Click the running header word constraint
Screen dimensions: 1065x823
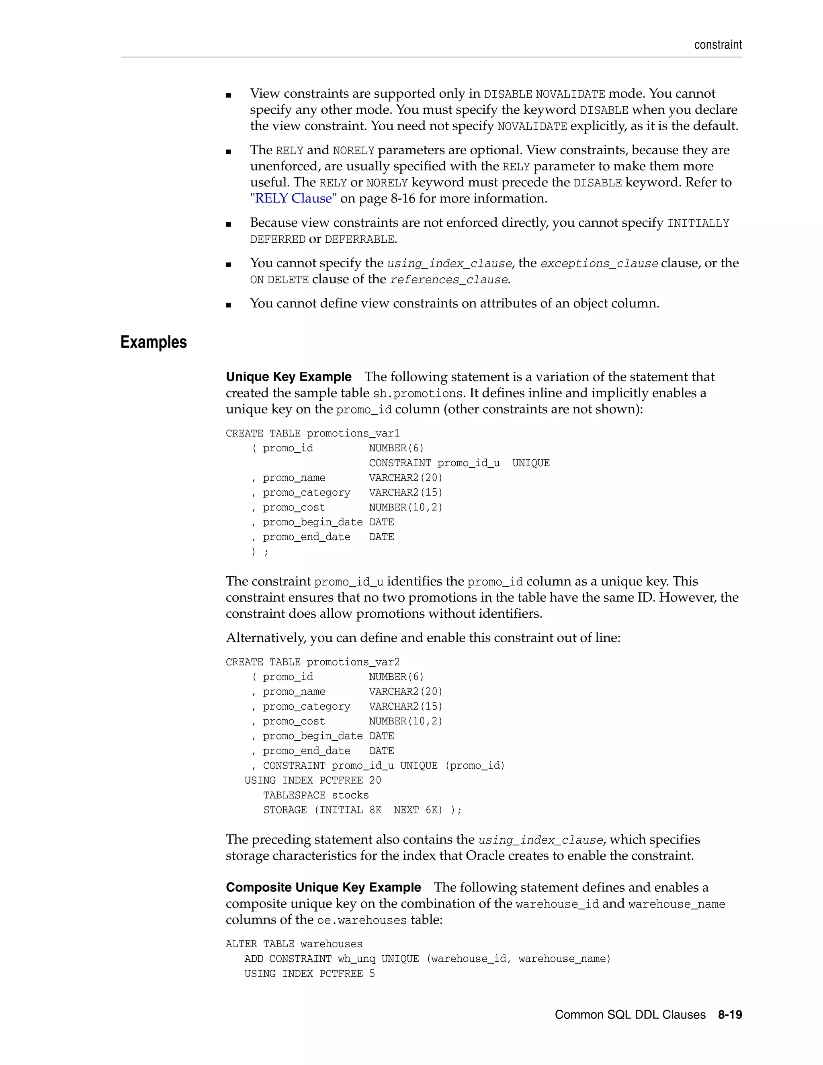pos(718,45)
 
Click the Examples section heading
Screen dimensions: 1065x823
pos(154,342)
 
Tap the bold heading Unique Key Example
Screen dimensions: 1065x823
pos(289,377)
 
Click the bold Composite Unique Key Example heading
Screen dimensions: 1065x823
pos(323,887)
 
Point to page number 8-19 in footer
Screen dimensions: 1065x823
pos(730,1015)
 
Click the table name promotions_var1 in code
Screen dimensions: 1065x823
pos(353,434)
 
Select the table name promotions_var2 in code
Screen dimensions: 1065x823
pos(353,662)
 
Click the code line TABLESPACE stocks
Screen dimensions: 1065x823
pos(316,795)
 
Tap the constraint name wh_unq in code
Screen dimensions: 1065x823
pos(356,959)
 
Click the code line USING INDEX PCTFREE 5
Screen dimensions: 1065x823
pos(309,974)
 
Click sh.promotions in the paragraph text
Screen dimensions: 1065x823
pos(418,393)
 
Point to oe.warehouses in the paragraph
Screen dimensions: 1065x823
pos(362,921)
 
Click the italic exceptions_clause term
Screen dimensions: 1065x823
pos(599,264)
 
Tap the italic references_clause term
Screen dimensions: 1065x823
pos(449,280)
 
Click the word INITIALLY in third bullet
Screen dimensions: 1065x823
pos(698,223)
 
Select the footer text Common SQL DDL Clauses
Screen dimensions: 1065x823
pos(630,1015)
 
